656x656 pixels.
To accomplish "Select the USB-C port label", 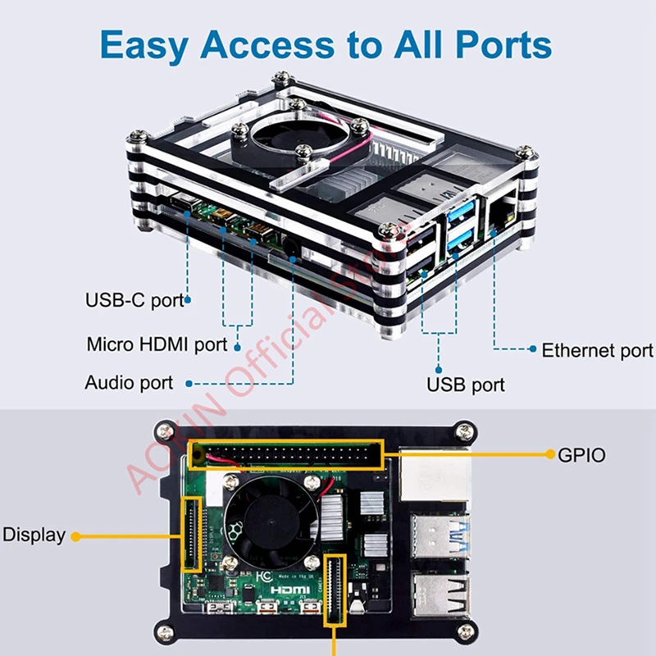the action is [x=134, y=300].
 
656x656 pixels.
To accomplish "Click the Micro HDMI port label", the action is [x=157, y=344].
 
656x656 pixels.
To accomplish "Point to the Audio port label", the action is [x=129, y=383].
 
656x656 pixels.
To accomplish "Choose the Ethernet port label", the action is [x=597, y=351].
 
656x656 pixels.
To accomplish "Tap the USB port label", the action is [x=465, y=384].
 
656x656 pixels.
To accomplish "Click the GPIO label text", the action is [x=581, y=454].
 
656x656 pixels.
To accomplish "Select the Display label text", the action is [x=34, y=535].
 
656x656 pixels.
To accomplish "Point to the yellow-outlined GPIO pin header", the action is [x=286, y=453].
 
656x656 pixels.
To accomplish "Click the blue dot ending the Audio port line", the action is [x=189, y=383].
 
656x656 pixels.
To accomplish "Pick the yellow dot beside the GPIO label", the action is [x=547, y=453].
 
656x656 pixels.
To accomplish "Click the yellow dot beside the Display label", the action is [x=75, y=536].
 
